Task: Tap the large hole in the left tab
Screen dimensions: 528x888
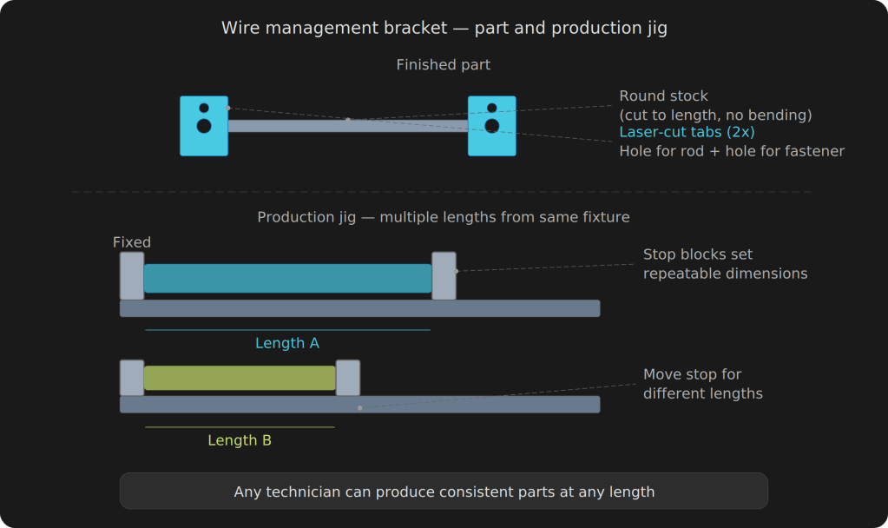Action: click(x=204, y=126)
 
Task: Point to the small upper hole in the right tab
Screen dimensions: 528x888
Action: click(x=492, y=109)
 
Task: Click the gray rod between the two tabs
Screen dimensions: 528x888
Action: click(x=347, y=127)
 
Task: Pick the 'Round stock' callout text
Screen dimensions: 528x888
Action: click(x=663, y=96)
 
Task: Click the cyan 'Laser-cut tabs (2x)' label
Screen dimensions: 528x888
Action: click(x=687, y=132)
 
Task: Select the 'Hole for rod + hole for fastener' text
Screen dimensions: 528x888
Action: click(x=731, y=151)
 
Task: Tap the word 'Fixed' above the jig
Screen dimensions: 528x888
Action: click(x=132, y=242)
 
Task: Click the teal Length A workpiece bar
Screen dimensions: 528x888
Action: click(x=287, y=278)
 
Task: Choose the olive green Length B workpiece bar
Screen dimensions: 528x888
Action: click(x=240, y=378)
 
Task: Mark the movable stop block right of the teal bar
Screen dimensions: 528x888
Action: click(x=444, y=276)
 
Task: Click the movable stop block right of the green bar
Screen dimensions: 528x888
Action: click(x=347, y=378)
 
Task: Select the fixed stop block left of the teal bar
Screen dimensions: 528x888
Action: click(x=132, y=276)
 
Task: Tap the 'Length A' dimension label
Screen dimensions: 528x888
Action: click(x=287, y=343)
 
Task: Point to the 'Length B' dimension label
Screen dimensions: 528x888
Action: click(x=240, y=440)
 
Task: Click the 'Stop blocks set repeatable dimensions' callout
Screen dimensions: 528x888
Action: click(x=725, y=264)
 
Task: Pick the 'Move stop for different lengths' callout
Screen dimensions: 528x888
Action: click(x=702, y=384)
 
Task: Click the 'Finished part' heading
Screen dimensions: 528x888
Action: click(x=443, y=65)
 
